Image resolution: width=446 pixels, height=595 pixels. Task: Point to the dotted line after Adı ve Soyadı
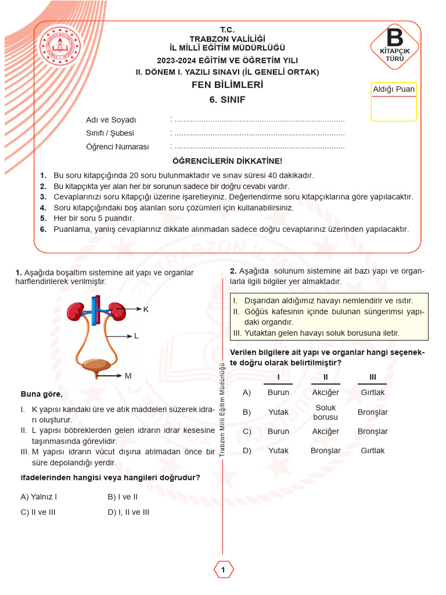pos(258,120)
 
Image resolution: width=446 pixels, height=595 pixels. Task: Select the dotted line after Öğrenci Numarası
pos(258,147)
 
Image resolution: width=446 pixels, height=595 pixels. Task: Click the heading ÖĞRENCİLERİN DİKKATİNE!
pos(228,161)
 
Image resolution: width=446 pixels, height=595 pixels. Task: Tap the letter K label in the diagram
pos(146,310)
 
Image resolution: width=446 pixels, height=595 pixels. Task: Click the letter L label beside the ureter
pos(136,336)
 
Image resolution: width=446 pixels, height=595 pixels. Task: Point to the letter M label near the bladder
pos(128,376)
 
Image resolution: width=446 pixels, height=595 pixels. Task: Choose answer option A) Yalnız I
pos(39,497)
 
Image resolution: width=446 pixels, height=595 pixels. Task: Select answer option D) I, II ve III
pos(128,512)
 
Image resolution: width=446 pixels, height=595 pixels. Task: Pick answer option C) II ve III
pos(38,512)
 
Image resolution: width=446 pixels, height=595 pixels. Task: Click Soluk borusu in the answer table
pos(325,413)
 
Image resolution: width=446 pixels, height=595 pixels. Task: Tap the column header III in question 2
pos(372,378)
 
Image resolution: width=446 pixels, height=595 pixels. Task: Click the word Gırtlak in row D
pos(372,450)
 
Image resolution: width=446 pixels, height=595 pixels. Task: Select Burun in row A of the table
pos(278,393)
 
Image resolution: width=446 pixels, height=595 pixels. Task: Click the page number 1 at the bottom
pos(223,570)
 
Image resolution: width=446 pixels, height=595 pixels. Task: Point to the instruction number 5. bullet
pos(43,218)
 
